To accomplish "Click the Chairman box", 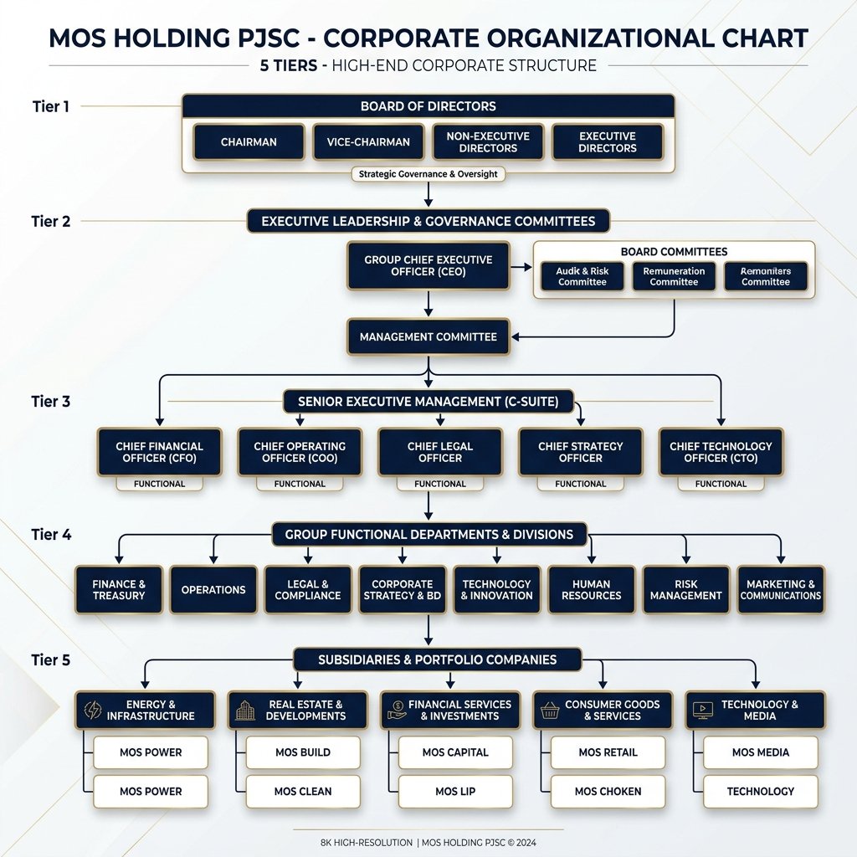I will coord(249,142).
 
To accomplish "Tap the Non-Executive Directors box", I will coord(488,142).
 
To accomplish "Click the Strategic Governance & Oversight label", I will coord(428,174).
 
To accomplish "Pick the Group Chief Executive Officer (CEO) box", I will coord(428,266).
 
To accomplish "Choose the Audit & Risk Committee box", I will coord(582,276).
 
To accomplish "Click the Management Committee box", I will coord(428,336).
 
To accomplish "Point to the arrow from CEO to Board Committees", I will coord(521,267).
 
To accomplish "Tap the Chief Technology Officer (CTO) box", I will coord(721,452).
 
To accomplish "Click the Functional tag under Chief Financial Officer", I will coord(159,484).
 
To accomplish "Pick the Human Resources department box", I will coord(591,590).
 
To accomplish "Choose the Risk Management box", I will coord(685,590).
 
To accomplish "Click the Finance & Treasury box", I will coord(119,590).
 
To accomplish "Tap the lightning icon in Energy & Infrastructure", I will coord(92,711).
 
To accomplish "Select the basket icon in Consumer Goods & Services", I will coord(550,711).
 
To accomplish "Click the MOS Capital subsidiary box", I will coord(455,752).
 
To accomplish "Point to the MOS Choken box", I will coord(608,791).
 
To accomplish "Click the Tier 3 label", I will coord(51,401).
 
